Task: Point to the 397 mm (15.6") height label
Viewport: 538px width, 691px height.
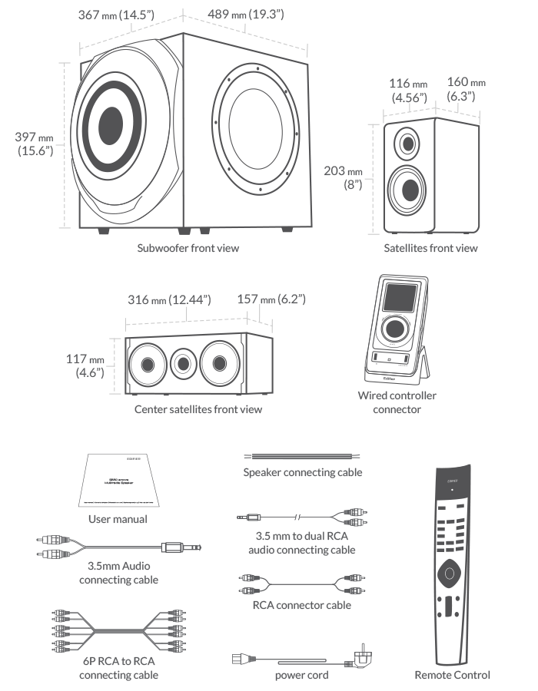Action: (x=35, y=144)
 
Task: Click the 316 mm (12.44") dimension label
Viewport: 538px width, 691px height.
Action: (x=168, y=299)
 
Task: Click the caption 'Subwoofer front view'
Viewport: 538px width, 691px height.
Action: (x=188, y=248)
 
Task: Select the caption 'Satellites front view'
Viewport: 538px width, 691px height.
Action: (x=430, y=248)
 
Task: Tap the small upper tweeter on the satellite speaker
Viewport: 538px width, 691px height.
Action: (x=408, y=143)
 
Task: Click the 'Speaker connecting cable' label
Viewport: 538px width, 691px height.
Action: (x=302, y=472)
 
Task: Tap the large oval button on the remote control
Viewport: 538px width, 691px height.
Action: (x=451, y=573)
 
